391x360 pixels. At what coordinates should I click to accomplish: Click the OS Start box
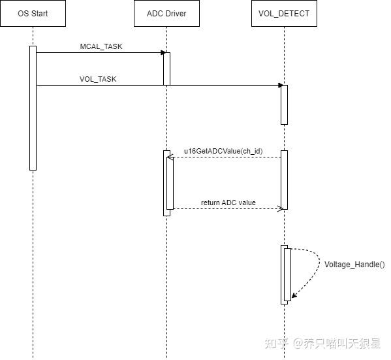pyautogui.click(x=33, y=14)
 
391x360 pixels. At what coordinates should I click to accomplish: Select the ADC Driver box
pyautogui.click(x=166, y=14)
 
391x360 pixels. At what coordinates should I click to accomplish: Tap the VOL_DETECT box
pyautogui.click(x=284, y=14)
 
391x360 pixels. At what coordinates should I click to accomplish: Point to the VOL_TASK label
pyautogui.click(x=98, y=79)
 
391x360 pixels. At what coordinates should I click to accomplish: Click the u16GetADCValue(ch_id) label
pyautogui.click(x=224, y=151)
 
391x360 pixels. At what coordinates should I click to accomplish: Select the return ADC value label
pyautogui.click(x=228, y=203)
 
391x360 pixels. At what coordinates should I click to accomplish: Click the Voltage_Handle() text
pyautogui.click(x=354, y=265)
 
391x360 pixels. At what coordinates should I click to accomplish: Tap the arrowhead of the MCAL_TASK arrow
pyautogui.click(x=161, y=53)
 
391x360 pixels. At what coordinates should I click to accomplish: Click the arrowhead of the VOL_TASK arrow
pyautogui.click(x=279, y=85)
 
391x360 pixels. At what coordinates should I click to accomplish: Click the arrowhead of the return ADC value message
pyautogui.click(x=279, y=209)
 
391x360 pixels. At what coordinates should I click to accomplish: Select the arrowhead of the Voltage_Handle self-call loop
pyautogui.click(x=294, y=296)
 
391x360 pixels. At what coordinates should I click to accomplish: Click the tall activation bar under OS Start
pyautogui.click(x=33, y=108)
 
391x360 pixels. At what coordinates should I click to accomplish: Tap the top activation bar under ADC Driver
pyautogui.click(x=166, y=69)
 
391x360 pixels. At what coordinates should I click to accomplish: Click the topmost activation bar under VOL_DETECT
pyautogui.click(x=284, y=105)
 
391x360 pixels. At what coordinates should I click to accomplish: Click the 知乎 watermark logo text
pyautogui.click(x=277, y=343)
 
